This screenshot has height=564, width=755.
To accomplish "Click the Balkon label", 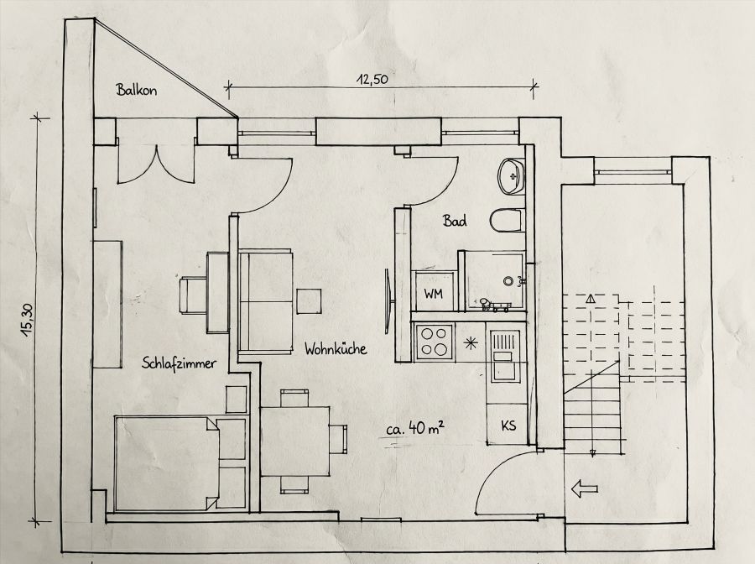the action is coord(138,90).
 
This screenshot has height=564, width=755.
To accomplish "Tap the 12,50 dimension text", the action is coord(374,80).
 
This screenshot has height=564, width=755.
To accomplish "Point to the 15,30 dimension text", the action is coord(28,320).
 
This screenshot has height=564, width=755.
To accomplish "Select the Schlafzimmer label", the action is coord(180,363).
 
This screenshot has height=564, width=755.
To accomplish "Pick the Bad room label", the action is coord(455,222).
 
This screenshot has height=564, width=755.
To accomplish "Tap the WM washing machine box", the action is coord(433,294).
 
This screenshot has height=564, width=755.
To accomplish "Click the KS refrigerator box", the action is coord(508,426).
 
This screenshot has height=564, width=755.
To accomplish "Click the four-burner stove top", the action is coord(435,342).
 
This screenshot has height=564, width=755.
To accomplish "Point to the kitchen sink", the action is coord(505,350).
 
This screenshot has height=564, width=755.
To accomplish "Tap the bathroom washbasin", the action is coord(511,175).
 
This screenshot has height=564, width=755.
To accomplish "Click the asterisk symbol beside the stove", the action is coord(471,342).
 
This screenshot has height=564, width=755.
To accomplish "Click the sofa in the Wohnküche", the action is coord(266,300).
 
